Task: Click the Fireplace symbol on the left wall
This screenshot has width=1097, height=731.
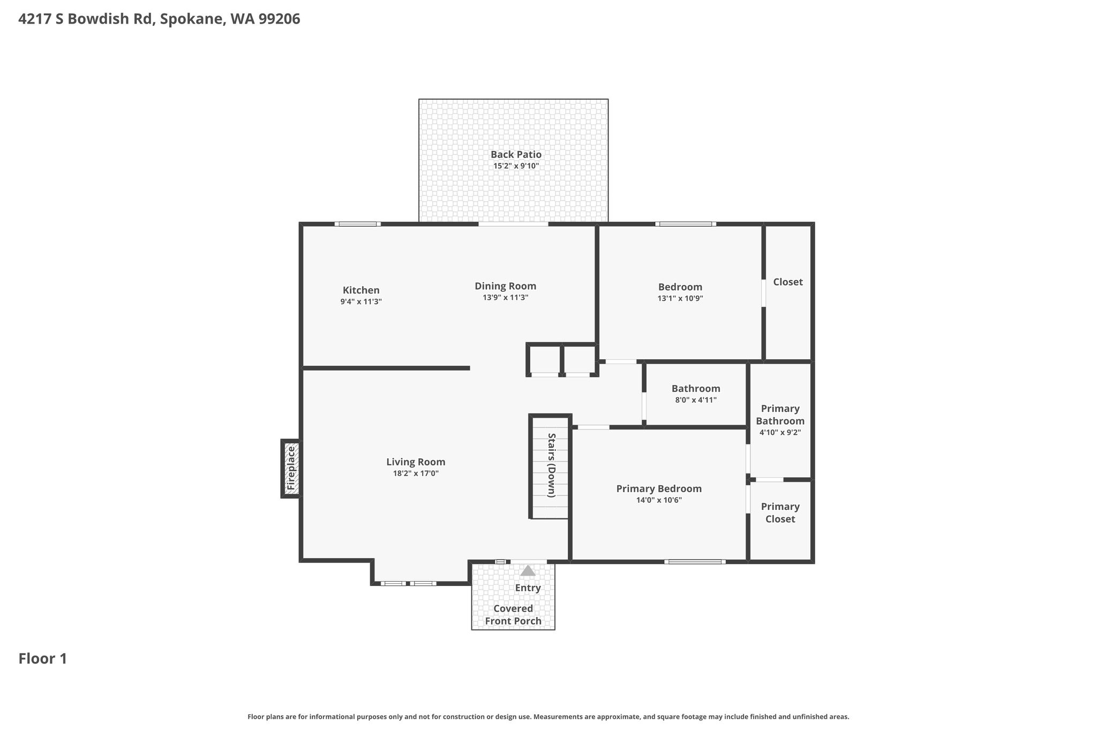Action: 290,469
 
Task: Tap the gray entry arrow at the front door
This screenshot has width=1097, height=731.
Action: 528,571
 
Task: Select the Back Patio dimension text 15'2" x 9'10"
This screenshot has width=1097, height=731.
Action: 516,166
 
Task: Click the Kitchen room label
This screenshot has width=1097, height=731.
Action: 361,290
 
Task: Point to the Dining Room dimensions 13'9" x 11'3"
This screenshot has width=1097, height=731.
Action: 505,298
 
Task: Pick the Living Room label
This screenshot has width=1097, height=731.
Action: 416,462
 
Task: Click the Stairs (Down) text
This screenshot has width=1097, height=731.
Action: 552,465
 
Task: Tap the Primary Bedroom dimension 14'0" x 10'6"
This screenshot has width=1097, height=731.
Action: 659,500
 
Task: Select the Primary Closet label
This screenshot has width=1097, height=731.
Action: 780,513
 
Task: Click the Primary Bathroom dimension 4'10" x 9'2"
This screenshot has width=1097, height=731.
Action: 780,433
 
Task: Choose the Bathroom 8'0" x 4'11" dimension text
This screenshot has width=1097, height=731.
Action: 696,400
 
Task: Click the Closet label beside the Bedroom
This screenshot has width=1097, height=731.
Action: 788,282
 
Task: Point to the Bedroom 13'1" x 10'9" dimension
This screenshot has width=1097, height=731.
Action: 680,298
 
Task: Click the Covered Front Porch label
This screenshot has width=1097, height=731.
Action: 513,615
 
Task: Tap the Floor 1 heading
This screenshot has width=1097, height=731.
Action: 43,659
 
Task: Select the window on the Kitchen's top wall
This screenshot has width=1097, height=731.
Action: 358,224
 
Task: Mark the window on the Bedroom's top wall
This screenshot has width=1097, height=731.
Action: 686,224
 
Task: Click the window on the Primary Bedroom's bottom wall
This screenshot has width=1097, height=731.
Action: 695,562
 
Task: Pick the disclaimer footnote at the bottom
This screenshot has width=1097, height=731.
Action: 548,717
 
